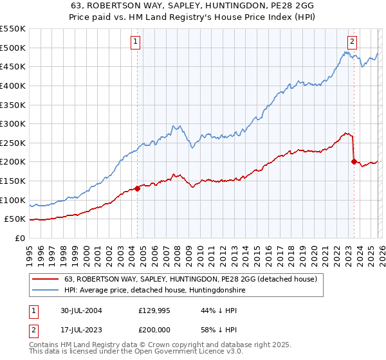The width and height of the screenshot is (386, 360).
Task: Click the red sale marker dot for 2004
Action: [x=138, y=188]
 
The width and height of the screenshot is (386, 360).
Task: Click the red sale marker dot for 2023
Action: [x=354, y=161]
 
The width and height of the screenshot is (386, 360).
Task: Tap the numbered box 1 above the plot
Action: [x=136, y=42]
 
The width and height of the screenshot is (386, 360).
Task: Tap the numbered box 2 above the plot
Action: [x=353, y=42]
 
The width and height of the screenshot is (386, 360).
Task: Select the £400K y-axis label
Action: [x=13, y=85]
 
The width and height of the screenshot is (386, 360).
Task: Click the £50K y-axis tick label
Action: [x=15, y=219]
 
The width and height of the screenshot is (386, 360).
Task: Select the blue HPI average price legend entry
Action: [x=154, y=291]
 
